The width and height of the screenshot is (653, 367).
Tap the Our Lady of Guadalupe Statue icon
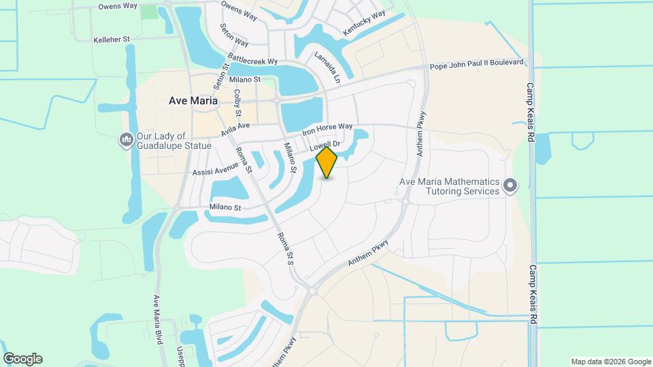click(125, 140)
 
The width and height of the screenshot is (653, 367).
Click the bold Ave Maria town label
click(193, 101)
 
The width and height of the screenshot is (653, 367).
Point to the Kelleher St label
click(112, 40)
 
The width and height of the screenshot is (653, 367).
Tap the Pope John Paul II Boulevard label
click(477, 64)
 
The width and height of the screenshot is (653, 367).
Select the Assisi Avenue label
click(216, 169)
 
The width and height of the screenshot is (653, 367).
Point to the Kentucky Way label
click(364, 23)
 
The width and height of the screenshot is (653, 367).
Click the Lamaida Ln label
click(326, 67)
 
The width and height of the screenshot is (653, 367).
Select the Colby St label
click(237, 103)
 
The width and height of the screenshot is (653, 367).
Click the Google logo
click(22, 359)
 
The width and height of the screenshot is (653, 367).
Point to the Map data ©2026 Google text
click(610, 362)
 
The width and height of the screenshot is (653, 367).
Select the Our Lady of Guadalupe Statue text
click(174, 140)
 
